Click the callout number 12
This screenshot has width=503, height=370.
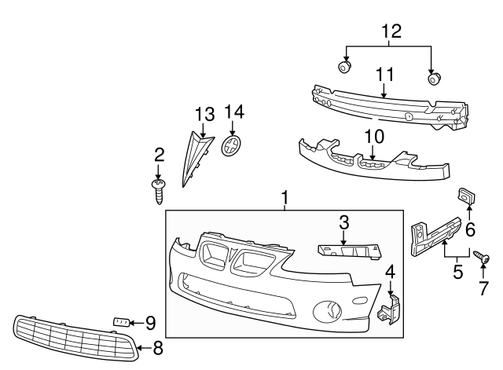(391, 31)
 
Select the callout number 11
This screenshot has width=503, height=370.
(384, 75)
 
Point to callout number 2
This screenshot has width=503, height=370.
(159, 154)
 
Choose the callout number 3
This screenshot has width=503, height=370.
(343, 222)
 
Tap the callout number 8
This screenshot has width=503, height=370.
(158, 346)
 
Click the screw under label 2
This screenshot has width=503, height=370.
(160, 187)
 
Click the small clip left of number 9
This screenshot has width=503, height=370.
(121, 321)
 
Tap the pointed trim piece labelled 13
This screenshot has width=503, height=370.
(195, 159)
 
